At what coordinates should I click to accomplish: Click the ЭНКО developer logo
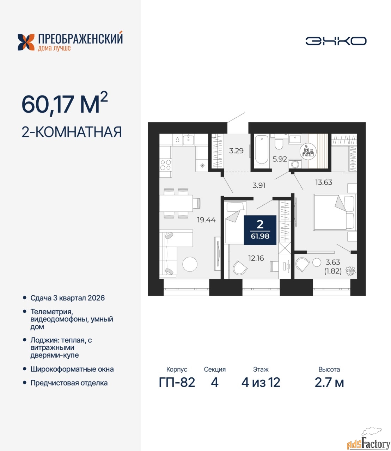[x=336, y=41]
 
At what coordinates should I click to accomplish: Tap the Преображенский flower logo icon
[x=26, y=42]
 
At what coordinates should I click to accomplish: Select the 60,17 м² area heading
[x=65, y=105]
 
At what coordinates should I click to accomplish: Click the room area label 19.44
[x=206, y=220]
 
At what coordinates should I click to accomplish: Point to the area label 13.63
[x=324, y=182]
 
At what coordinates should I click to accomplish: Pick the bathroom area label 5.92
[x=280, y=159]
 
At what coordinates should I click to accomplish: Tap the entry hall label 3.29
[x=236, y=151]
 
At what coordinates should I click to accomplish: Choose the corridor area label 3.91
[x=259, y=185]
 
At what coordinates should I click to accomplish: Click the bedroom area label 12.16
[x=256, y=258]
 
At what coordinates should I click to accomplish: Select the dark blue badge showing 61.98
[x=260, y=230]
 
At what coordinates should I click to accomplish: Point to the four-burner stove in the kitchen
[x=165, y=165]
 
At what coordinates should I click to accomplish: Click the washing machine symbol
[x=295, y=164]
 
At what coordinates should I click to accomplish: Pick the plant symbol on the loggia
[x=350, y=271]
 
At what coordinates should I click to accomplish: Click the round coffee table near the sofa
[x=190, y=264]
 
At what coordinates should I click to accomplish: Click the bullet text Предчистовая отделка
[x=69, y=383]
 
